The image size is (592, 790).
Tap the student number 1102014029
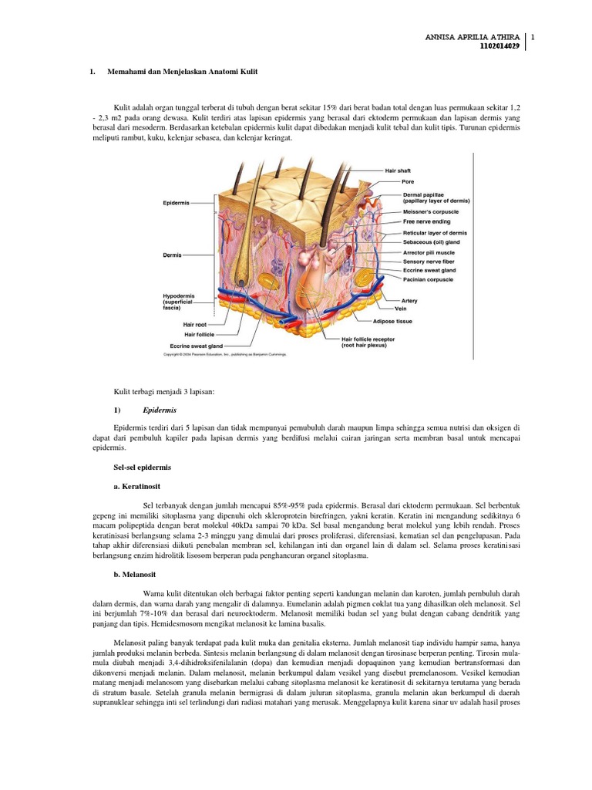coord(499,46)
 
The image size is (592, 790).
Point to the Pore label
coord(408,181)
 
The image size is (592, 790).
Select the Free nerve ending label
coord(426,221)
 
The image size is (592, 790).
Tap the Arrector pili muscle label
coord(429,252)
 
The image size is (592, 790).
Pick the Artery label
coord(409,300)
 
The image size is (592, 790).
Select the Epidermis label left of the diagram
coord(176,203)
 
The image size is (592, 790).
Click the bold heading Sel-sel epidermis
coord(143,468)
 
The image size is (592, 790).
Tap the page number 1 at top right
coord(533,38)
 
